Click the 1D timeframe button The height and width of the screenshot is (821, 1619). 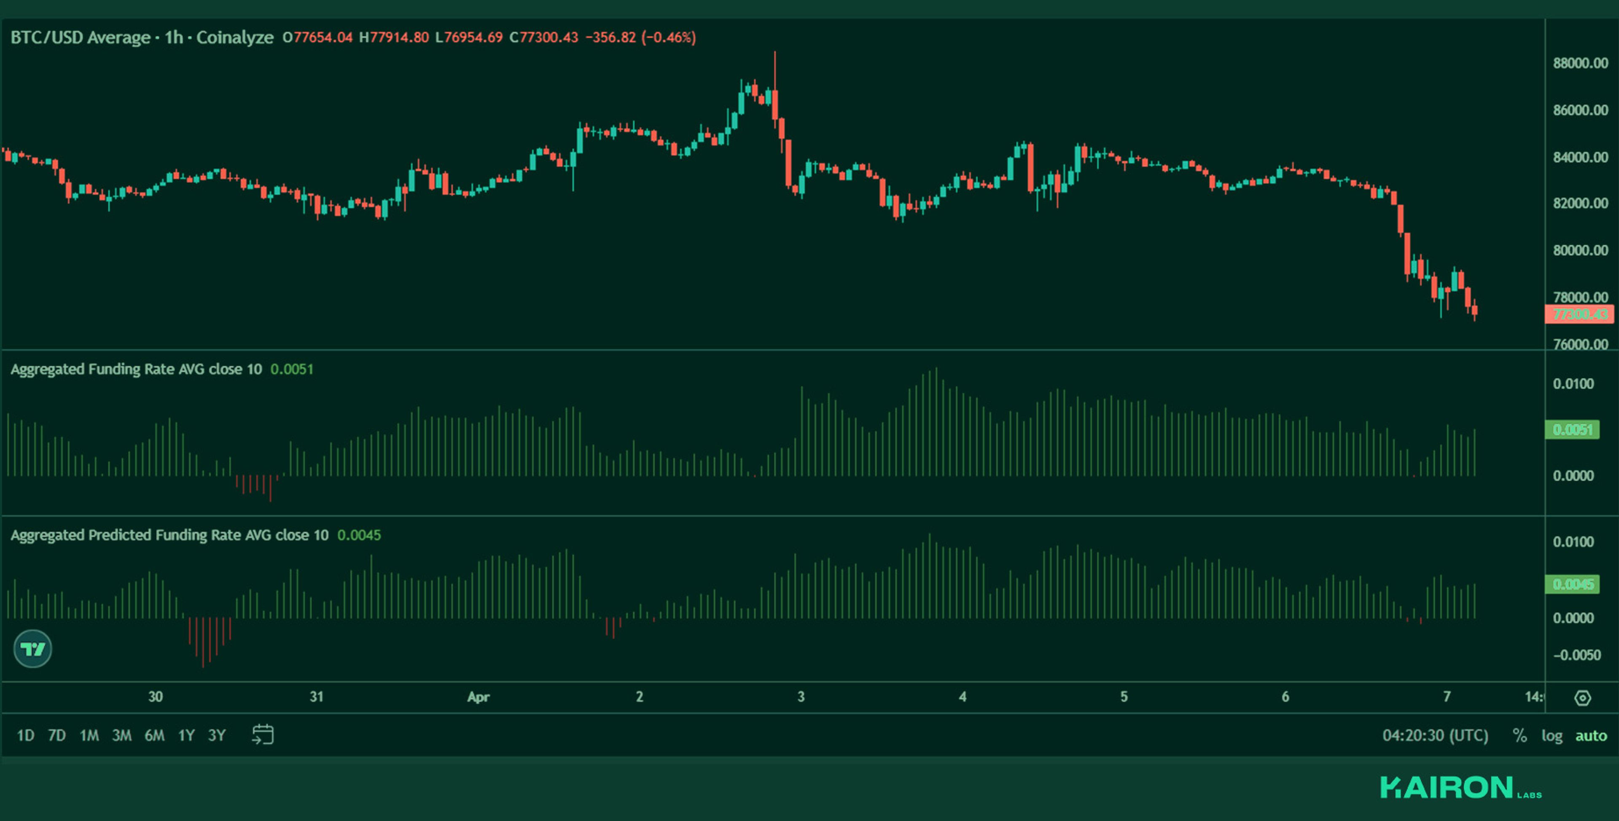coord(25,735)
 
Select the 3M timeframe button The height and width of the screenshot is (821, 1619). coord(121,735)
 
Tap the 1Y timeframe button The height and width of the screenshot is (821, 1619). coord(186,735)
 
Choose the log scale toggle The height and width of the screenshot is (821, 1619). coord(1552,735)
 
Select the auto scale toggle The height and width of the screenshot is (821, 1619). coord(1591,735)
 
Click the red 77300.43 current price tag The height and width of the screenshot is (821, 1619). coord(1579,314)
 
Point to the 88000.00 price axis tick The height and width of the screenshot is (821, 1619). coord(1580,63)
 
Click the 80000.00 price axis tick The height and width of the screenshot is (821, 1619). coord(1580,250)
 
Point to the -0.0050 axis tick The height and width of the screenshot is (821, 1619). coord(1576,655)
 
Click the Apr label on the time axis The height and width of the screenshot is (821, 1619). coord(478,697)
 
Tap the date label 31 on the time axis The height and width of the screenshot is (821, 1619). coord(317,697)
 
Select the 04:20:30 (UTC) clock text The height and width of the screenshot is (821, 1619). coord(1435,735)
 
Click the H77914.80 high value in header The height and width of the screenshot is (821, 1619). coord(394,38)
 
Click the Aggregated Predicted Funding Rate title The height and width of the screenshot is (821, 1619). coord(169,535)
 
